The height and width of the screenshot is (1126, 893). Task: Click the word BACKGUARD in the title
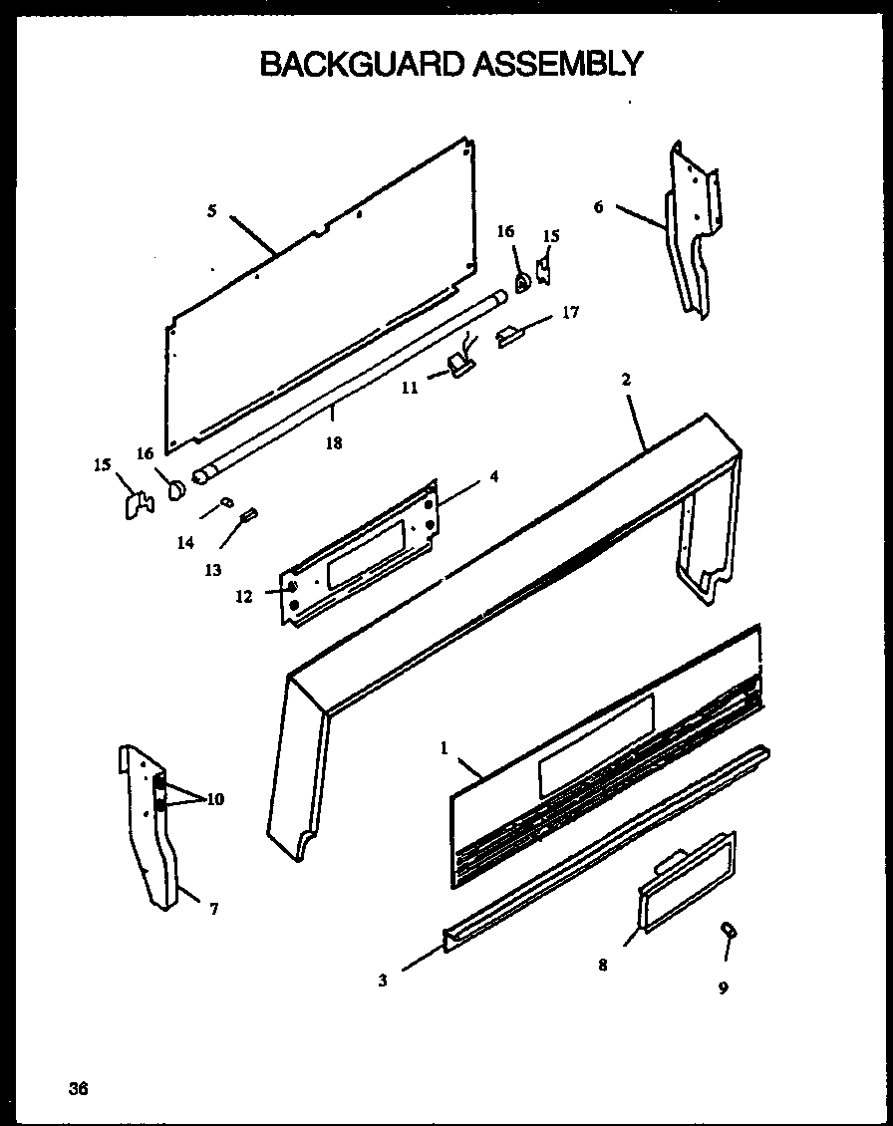(x=361, y=64)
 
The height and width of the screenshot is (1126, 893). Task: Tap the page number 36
(x=79, y=1088)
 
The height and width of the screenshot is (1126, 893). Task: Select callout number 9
(x=723, y=987)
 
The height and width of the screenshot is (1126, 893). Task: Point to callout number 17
(x=570, y=312)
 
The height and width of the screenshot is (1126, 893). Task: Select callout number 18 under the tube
(x=333, y=443)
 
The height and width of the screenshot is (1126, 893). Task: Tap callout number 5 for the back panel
(x=211, y=210)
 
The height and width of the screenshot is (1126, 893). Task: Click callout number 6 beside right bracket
(x=598, y=207)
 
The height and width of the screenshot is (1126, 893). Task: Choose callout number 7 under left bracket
(x=214, y=908)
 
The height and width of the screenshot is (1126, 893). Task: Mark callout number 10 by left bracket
(x=215, y=798)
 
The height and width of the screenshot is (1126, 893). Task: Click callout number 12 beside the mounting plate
(x=244, y=596)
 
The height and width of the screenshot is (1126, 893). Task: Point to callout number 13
(x=212, y=569)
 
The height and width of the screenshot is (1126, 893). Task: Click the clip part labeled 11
(x=461, y=366)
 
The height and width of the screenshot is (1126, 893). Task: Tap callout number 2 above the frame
(x=626, y=380)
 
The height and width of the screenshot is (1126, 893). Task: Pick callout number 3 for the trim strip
(x=383, y=980)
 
